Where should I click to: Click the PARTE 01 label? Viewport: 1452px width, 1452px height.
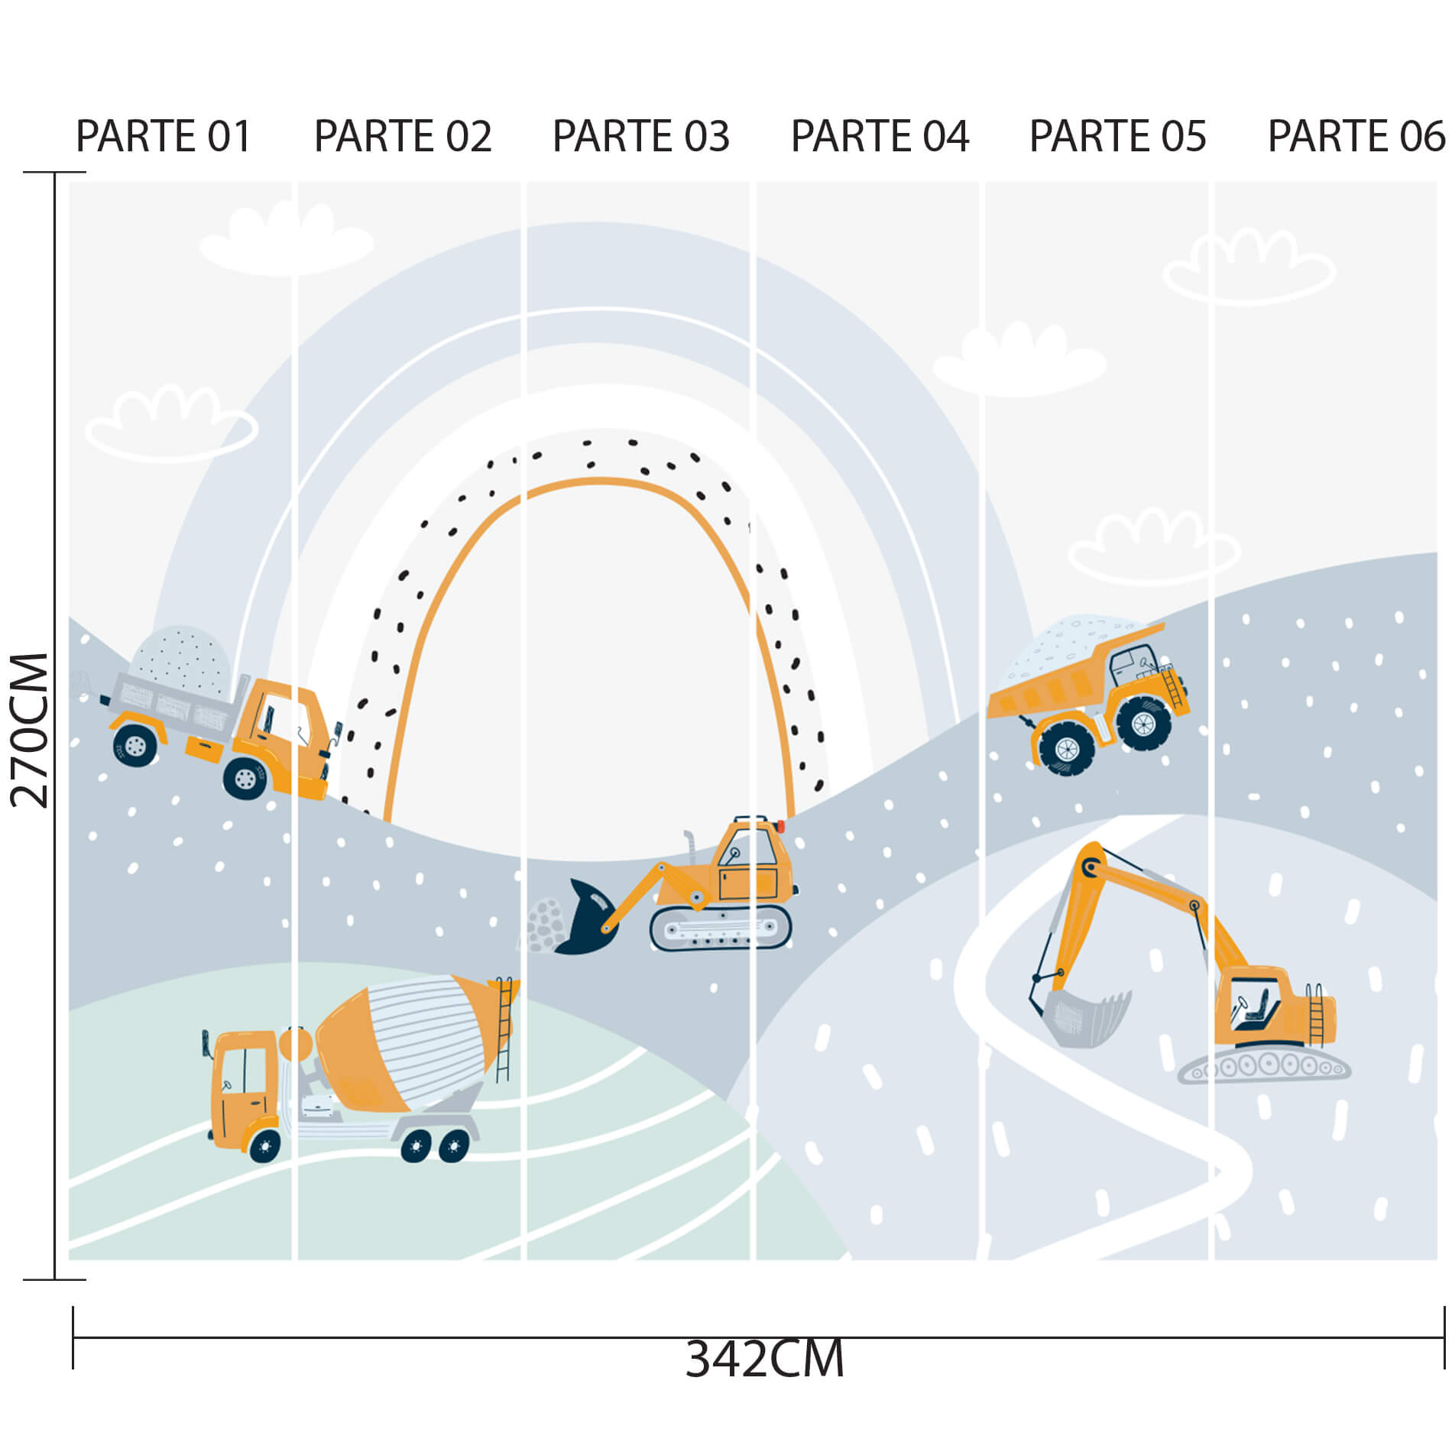pos(164,137)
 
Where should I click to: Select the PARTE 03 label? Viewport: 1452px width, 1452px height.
pos(641,137)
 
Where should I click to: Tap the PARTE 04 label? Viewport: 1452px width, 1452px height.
pos(880,137)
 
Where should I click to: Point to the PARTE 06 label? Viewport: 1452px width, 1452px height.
pos(1356,137)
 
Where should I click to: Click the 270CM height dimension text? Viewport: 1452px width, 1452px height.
pos(30,731)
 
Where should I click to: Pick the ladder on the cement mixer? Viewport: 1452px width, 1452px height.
pos(504,1029)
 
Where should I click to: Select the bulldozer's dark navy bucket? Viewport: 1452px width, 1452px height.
pos(587,918)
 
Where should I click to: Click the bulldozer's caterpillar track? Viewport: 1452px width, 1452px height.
pos(721,929)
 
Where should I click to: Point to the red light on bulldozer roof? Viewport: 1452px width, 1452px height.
pos(780,826)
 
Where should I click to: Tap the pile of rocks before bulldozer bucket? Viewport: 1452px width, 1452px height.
pos(544,925)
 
